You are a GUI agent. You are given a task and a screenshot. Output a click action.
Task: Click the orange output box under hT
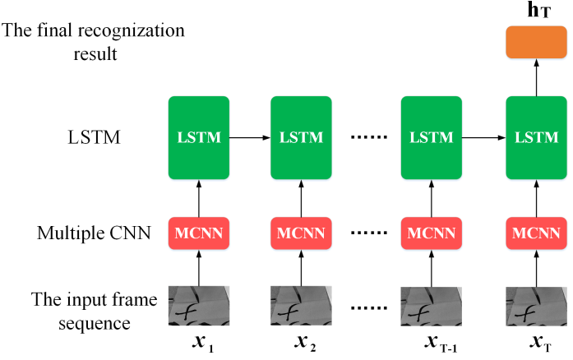point(535,42)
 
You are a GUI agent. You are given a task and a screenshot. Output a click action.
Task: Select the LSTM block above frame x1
point(198,137)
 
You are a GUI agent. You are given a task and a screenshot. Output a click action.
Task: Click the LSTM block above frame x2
point(302,137)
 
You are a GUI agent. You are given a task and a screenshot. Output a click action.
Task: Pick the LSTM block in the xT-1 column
point(431,137)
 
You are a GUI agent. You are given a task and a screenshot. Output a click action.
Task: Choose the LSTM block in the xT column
point(535,137)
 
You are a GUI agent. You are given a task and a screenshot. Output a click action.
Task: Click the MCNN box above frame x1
point(198,233)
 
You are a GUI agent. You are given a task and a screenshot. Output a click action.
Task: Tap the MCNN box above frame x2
point(302,233)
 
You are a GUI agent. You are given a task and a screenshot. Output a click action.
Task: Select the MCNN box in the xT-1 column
point(431,233)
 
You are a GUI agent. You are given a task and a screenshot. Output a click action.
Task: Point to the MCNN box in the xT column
point(535,233)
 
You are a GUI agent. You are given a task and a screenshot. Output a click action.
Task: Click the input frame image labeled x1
point(198,305)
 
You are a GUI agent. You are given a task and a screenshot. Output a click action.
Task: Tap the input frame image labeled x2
point(302,305)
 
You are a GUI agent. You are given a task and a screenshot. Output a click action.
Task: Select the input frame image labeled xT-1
point(431,305)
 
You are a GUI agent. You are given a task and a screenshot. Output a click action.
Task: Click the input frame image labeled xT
point(535,305)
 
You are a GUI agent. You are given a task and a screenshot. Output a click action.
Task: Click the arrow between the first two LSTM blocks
point(250,137)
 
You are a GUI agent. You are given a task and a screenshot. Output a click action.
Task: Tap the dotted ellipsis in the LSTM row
point(367,137)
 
